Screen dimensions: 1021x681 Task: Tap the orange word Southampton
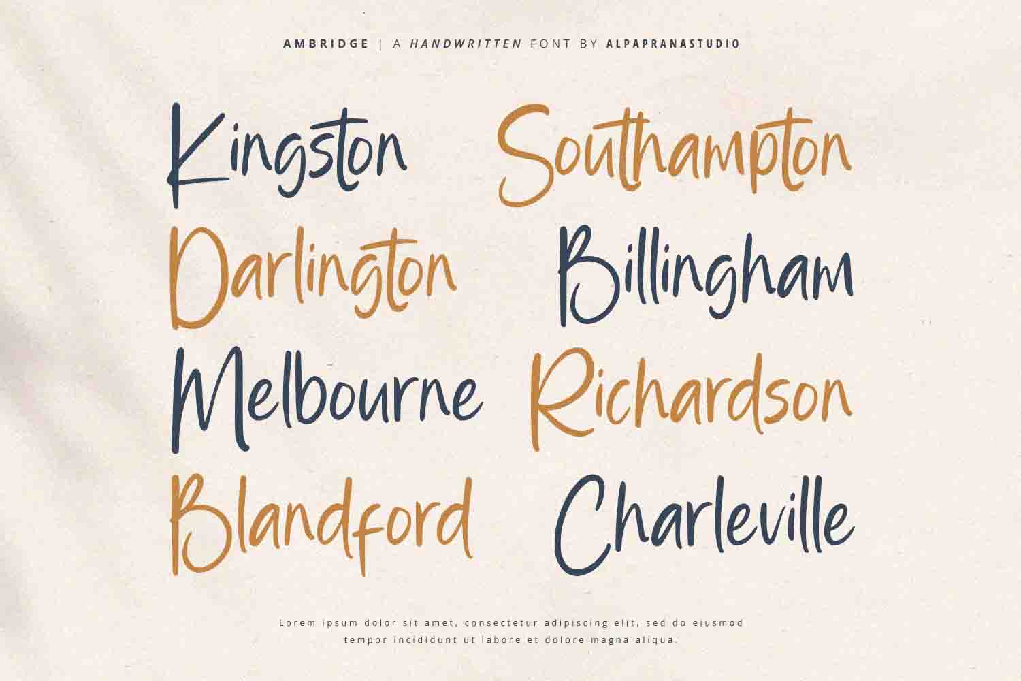[674, 155]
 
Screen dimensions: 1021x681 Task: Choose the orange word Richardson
[691, 396]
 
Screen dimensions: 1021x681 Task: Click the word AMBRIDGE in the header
[326, 44]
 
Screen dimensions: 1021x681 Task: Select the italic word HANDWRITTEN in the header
[466, 44]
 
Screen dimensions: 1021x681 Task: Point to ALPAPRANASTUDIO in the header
[672, 44]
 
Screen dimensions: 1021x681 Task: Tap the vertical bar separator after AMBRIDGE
[381, 44]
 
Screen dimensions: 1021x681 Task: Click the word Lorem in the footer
[293, 622]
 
